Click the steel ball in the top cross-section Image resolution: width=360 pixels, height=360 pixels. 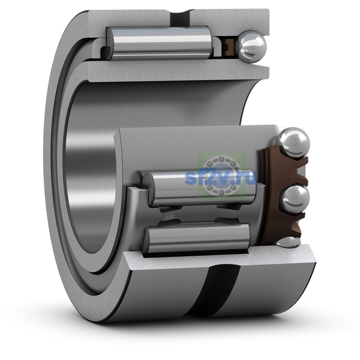tap(252, 47)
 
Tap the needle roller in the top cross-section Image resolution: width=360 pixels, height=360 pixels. tap(159, 43)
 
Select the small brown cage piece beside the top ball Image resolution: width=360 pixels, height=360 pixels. tap(229, 47)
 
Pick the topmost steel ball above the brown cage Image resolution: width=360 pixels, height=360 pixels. tap(293, 143)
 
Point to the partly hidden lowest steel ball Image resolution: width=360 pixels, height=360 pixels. tap(288, 242)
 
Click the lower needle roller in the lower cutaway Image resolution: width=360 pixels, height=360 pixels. tap(196, 238)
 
